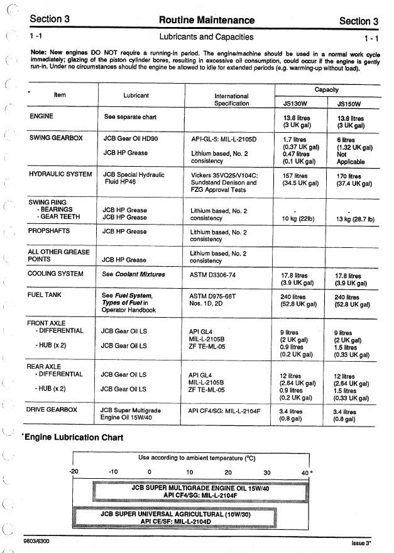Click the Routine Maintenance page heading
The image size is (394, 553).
click(x=207, y=20)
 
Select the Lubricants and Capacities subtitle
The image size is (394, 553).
click(x=206, y=37)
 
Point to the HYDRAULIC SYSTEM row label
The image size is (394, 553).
click(x=60, y=174)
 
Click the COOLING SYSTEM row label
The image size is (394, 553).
click(x=56, y=274)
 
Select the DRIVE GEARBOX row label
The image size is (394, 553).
click(x=52, y=410)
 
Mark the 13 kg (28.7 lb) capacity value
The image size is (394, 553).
click(x=355, y=219)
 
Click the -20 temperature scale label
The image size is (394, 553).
click(x=74, y=472)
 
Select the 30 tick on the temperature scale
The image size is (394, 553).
click(x=266, y=472)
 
